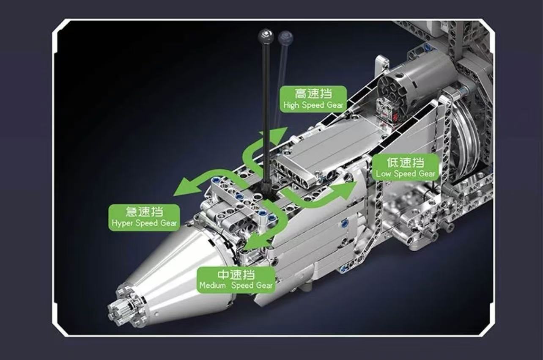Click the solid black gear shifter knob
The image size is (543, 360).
tap(266, 36)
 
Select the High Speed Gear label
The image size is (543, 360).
tap(313, 99)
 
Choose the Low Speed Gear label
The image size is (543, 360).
tap(405, 167)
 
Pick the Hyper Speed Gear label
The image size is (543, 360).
tap(144, 217)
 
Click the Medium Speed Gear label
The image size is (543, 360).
tap(236, 280)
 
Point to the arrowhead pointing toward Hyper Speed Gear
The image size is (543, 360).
tap(186, 186)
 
